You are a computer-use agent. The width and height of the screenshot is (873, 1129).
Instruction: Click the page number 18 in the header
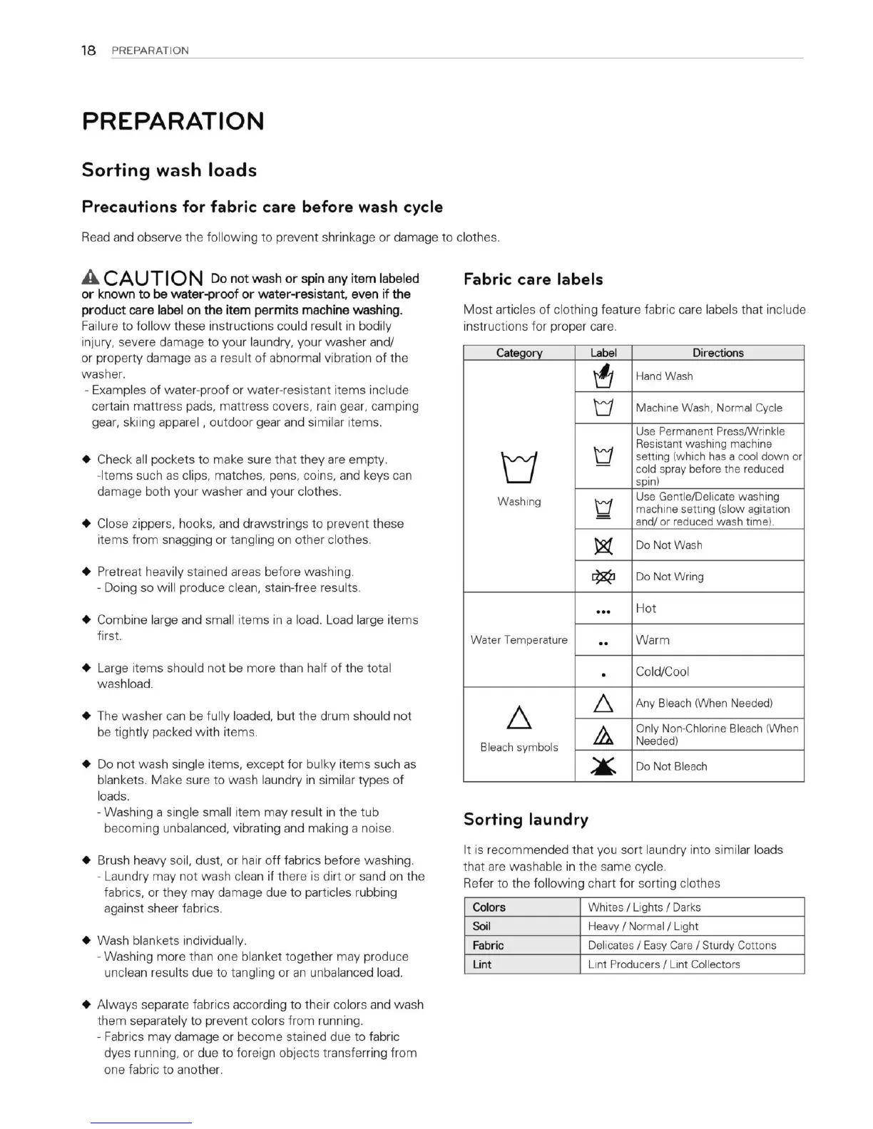(x=88, y=50)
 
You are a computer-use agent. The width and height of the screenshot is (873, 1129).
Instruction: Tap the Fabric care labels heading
(x=533, y=279)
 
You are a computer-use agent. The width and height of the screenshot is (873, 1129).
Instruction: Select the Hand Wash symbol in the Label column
(x=603, y=375)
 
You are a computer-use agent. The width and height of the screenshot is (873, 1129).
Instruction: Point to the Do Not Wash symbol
(x=603, y=545)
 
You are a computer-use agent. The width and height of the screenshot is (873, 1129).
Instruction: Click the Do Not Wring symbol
(x=603, y=577)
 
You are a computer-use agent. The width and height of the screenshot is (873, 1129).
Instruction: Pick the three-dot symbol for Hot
(x=603, y=611)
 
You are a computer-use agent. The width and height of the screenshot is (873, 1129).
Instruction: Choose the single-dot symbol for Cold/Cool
(x=603, y=674)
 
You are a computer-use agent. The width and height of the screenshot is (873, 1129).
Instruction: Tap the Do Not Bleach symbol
(x=603, y=766)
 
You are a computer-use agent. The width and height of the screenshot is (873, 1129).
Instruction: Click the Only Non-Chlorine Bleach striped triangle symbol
(x=603, y=735)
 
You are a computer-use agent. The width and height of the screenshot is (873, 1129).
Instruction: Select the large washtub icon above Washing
(x=519, y=468)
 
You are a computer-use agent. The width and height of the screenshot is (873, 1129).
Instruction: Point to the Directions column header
(x=718, y=353)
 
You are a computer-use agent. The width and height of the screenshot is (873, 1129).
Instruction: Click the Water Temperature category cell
(x=519, y=640)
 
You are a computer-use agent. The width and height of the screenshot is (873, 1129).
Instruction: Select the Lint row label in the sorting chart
(x=482, y=964)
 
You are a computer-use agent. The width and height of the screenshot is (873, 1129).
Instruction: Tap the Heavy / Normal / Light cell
(x=643, y=926)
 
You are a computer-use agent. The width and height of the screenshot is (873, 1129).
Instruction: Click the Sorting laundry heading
(x=526, y=820)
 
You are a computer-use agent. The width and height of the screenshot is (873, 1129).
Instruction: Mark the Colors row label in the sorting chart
(x=489, y=907)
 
